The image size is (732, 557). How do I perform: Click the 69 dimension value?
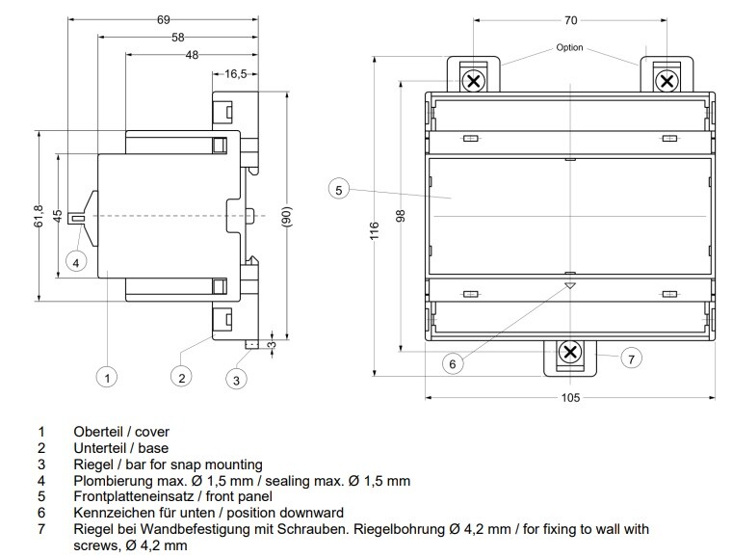pos(164,20)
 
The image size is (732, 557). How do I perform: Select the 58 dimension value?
pos(178,38)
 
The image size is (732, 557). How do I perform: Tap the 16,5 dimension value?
pos(236,74)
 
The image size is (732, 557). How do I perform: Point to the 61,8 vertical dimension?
pos(39,216)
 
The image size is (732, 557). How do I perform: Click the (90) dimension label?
pos(287,216)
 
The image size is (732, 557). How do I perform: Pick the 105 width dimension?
pos(570,398)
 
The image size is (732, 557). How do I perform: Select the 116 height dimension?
pos(375,230)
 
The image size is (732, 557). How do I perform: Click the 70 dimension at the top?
pos(570,20)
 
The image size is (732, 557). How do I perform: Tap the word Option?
pos(569,47)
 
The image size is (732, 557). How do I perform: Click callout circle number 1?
pos(107,377)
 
